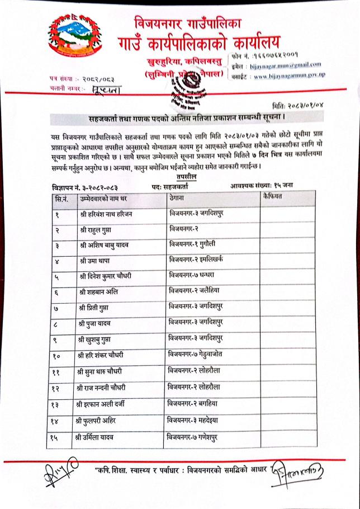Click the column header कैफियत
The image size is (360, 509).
pos(274,197)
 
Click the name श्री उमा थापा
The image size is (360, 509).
pos(98,262)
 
